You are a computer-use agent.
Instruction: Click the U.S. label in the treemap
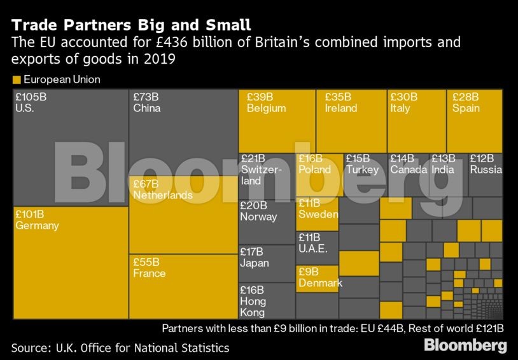click(25, 108)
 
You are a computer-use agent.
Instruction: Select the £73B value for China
click(146, 97)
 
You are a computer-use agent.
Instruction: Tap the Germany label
click(37, 226)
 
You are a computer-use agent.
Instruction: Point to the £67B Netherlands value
click(146, 184)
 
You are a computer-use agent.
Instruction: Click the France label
click(149, 273)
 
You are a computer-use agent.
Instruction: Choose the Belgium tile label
click(266, 108)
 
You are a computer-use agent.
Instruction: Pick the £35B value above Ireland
click(337, 97)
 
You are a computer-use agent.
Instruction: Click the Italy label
click(400, 108)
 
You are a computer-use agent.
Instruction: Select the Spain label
click(466, 108)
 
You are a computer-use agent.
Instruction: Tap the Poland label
click(315, 170)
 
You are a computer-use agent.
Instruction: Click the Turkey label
click(362, 170)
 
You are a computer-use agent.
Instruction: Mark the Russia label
click(486, 170)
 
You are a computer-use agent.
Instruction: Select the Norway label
click(258, 217)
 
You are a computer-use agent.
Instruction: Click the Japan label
click(255, 263)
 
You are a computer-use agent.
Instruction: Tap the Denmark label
click(320, 283)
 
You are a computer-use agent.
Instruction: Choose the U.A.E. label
click(313, 249)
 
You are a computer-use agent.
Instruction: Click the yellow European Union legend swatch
click(16, 80)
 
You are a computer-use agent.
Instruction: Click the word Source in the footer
click(30, 348)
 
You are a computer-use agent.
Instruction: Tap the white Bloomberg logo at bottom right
click(465, 346)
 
